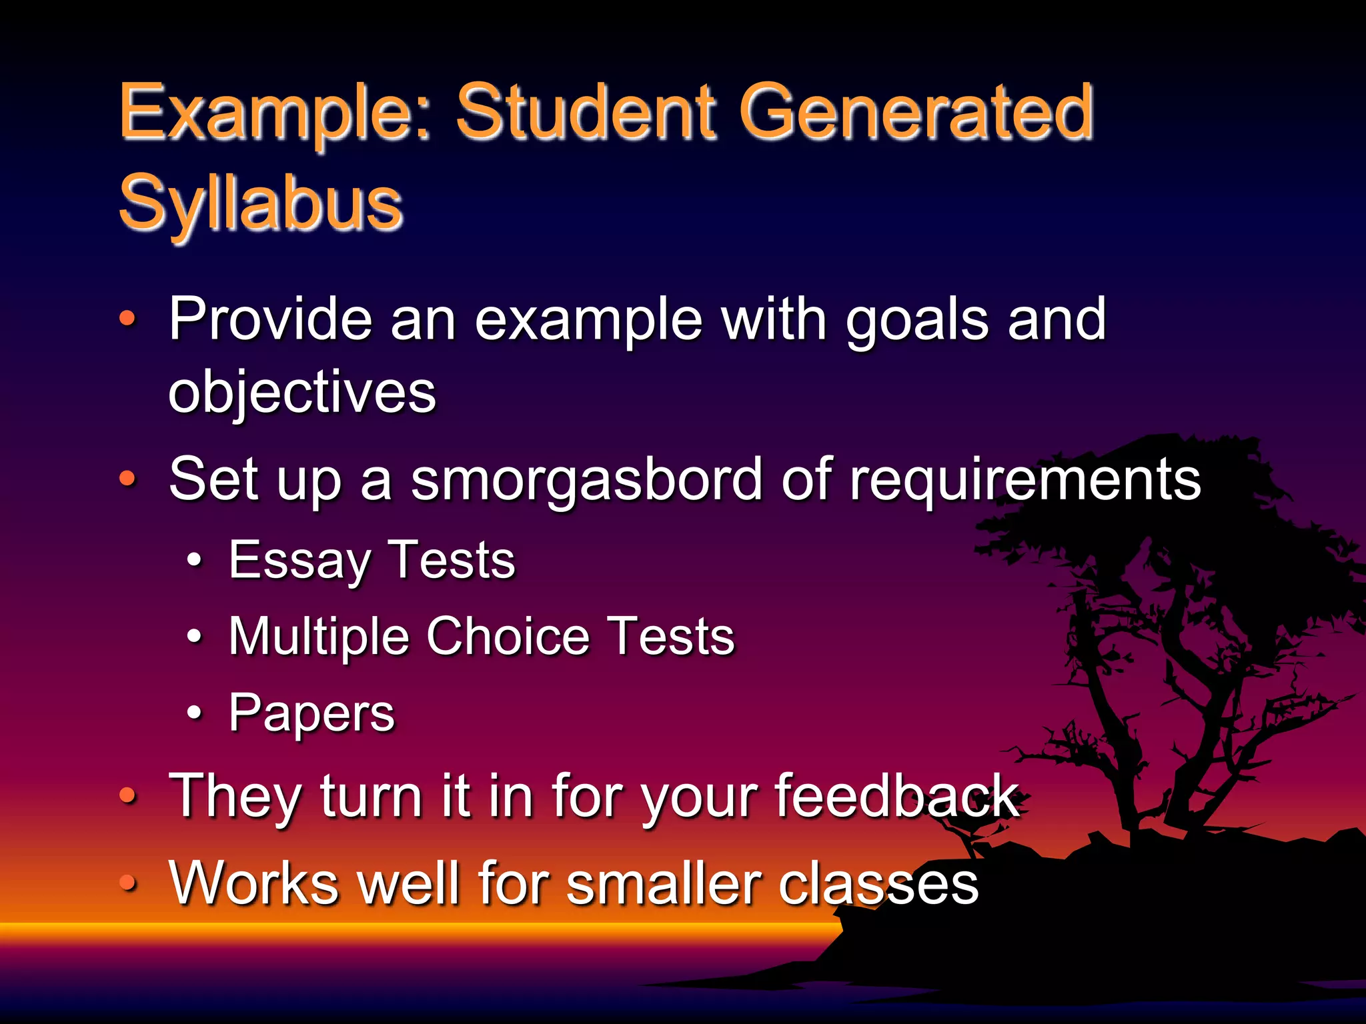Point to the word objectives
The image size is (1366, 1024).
(x=302, y=393)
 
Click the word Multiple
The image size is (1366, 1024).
(x=318, y=637)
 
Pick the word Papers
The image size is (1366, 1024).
(x=311, y=714)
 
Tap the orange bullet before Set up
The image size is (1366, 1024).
(x=127, y=478)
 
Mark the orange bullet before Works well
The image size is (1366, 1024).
(x=127, y=883)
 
